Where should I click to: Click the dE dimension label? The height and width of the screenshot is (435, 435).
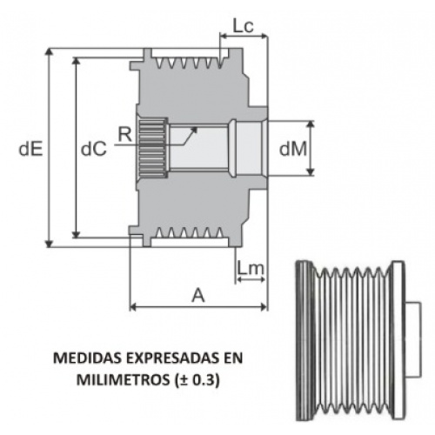pos(30,149)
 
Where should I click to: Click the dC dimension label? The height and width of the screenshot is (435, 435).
pos(94,149)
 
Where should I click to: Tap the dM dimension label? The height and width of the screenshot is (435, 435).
pos(292,149)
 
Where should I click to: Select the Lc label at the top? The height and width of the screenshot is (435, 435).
pos(243,26)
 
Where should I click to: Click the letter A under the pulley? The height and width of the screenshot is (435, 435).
pos(198,296)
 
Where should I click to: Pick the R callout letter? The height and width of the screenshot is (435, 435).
pos(125,135)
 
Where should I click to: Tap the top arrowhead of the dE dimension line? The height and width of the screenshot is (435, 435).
pos(50,51)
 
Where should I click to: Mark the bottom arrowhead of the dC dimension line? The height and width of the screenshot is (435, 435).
pos(77,234)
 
